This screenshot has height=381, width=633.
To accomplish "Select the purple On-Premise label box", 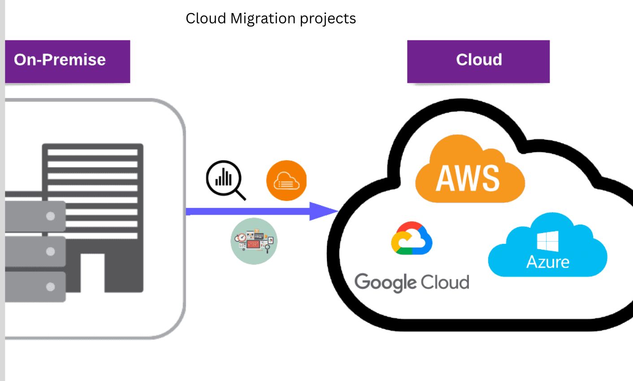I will coord(67,61).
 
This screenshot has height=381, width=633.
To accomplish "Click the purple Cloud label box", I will coord(478,61).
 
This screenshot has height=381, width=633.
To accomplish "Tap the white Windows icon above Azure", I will coord(547,241).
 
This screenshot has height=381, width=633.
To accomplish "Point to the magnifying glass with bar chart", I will coord(224,178).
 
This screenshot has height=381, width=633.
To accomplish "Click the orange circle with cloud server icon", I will coord(286,180).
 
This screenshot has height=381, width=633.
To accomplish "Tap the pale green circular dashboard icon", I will coord(254,241).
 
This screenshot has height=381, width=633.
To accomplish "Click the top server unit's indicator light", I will coord(51,216).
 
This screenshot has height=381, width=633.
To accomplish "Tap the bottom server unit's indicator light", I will coord(51,286).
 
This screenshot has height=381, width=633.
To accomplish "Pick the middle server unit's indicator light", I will coord(51,251).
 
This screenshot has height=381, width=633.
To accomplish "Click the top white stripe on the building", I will coord(92,152).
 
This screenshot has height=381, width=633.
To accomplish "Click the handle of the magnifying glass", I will coord(241,195).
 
